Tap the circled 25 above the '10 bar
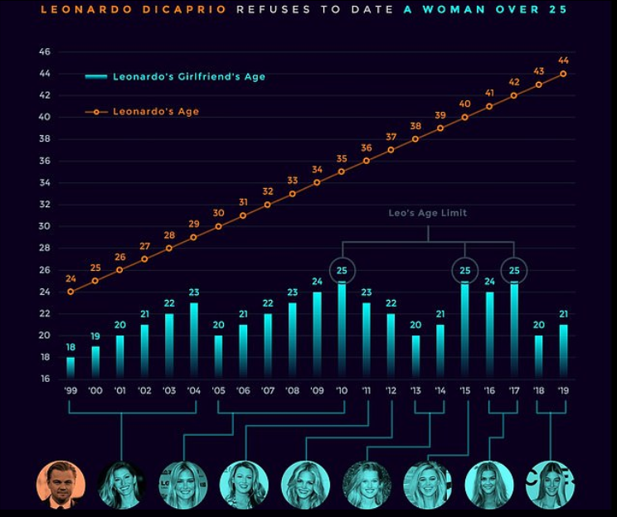(342, 270)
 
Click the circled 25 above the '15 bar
(464, 270)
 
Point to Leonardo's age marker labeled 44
(564, 74)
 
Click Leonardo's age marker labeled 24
(70, 292)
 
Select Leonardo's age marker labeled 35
(342, 172)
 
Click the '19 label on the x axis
(564, 389)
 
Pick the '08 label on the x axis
(293, 389)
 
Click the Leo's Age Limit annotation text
(428, 213)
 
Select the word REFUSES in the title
(269, 10)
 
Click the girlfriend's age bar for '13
(416, 357)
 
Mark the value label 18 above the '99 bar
(70, 348)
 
